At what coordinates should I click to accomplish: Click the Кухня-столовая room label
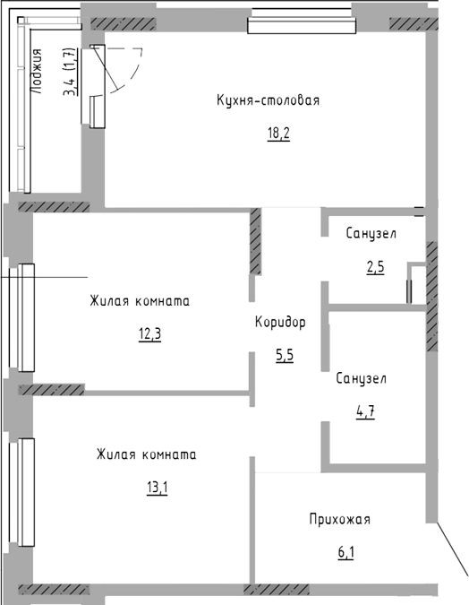pyautogui.click(x=269, y=100)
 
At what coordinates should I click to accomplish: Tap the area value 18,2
pyautogui.click(x=278, y=134)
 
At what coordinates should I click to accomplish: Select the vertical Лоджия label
pyautogui.click(x=37, y=72)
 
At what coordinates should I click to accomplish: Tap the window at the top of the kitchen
pyautogui.click(x=302, y=25)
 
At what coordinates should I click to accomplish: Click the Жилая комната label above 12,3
pyautogui.click(x=140, y=300)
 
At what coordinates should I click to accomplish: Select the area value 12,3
pyautogui.click(x=149, y=334)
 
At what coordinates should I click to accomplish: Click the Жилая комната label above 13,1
pyautogui.click(x=147, y=454)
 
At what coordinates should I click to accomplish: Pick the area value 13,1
pyautogui.click(x=158, y=488)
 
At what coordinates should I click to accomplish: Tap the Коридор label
pyautogui.click(x=280, y=322)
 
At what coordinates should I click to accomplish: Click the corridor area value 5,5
pyautogui.click(x=285, y=356)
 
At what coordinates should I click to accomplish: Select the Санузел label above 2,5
pyautogui.click(x=371, y=234)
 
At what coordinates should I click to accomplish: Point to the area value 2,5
pyautogui.click(x=375, y=267)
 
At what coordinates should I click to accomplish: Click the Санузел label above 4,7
pyautogui.click(x=361, y=378)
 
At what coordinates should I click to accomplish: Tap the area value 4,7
pyautogui.click(x=365, y=412)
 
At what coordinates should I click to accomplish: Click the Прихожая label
pyautogui.click(x=339, y=519)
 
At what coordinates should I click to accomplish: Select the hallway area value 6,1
pyautogui.click(x=346, y=553)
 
